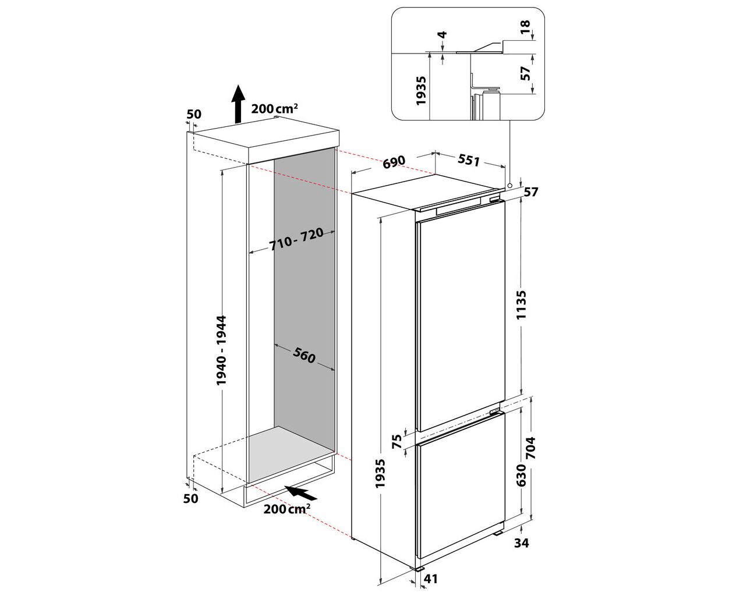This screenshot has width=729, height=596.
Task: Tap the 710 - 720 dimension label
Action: [296, 239]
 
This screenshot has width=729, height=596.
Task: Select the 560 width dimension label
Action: [304, 355]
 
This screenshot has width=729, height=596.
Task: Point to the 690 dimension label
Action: [394, 162]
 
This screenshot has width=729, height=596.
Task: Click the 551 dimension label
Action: [469, 160]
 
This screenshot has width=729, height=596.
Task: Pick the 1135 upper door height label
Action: [521, 305]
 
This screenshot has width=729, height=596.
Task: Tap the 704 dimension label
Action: [530, 448]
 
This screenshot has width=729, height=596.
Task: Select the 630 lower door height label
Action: [521, 475]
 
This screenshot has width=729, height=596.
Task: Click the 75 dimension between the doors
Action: [397, 442]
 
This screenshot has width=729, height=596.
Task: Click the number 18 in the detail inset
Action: [525, 27]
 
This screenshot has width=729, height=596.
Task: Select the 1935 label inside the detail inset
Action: [421, 91]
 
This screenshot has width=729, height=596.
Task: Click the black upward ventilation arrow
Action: [238, 104]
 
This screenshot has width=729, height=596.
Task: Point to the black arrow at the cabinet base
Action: [300, 492]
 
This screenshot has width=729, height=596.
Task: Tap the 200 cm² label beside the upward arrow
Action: [274, 108]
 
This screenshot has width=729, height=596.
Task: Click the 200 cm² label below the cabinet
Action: [286, 509]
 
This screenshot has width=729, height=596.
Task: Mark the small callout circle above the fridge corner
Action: [509, 186]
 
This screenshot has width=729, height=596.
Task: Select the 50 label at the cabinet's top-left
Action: [193, 114]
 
